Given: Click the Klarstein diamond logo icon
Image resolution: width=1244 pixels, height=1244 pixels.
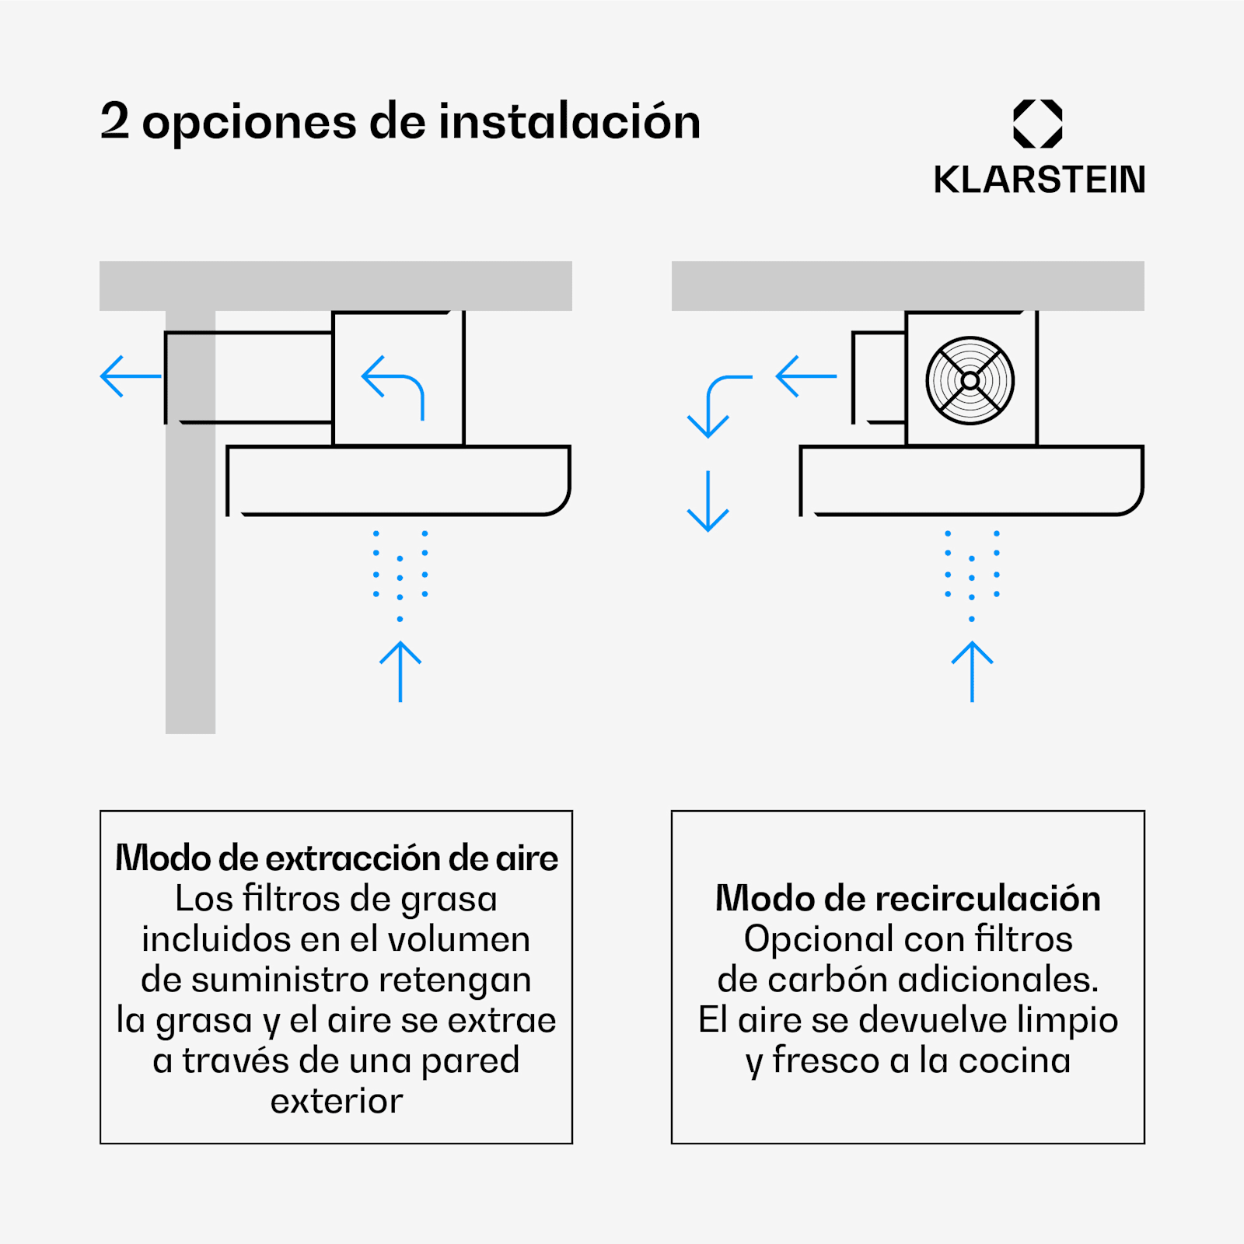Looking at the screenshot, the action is pyautogui.click(x=1038, y=124).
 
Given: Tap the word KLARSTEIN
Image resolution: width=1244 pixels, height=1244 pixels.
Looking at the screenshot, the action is pyautogui.click(x=1039, y=180).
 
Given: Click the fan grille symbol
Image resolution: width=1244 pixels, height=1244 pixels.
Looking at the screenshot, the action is pyautogui.click(x=970, y=381).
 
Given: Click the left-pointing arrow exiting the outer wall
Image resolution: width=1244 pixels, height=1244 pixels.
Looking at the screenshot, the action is pyautogui.click(x=131, y=376).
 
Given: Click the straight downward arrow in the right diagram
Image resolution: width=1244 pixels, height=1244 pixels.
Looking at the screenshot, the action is pyautogui.click(x=708, y=501).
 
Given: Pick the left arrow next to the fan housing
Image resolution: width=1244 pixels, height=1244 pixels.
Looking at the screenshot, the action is pyautogui.click(x=806, y=376).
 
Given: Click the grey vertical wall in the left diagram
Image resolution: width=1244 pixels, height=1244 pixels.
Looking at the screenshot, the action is pyautogui.click(x=190, y=522).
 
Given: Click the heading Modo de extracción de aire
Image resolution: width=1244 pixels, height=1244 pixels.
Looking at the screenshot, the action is pyautogui.click(x=337, y=858).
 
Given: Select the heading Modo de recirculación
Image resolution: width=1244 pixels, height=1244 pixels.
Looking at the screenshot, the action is pyautogui.click(x=908, y=898).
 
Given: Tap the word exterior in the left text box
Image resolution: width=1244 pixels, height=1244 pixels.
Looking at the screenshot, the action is pyautogui.click(x=337, y=1101).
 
